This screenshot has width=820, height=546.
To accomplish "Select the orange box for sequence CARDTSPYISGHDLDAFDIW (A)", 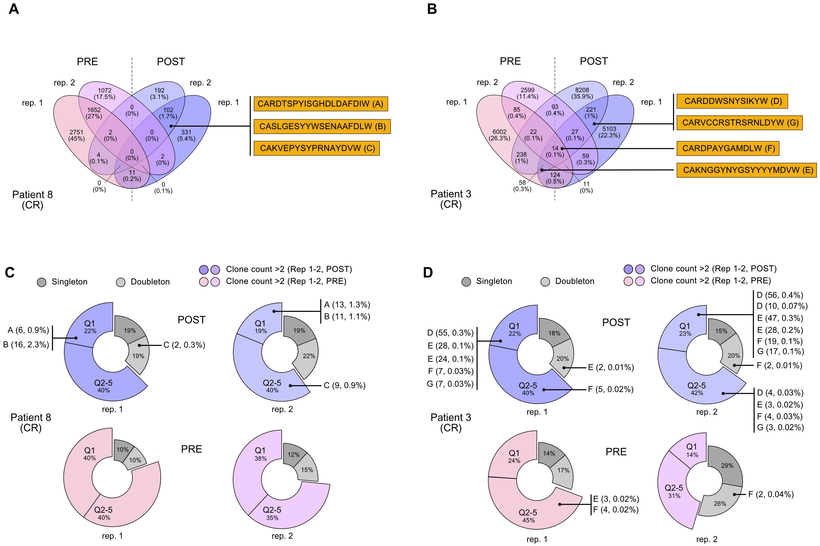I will tap(321, 104).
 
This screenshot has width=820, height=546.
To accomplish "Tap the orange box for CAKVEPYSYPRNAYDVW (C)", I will tap(317, 148).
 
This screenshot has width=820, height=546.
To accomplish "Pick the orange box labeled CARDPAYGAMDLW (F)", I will tap(728, 148).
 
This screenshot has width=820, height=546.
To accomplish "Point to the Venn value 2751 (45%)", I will tap(76, 135).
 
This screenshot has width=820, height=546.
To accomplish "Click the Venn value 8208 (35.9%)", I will tap(582, 93).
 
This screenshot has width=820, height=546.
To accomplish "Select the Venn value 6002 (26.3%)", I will tap(499, 135).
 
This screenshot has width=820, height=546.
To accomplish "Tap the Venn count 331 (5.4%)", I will tap(186, 135).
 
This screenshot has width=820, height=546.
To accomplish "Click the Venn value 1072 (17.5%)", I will tap(104, 93).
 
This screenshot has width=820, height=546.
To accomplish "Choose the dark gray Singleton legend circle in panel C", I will tap(42, 282).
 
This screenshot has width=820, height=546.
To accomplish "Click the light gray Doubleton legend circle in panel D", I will tap(545, 281).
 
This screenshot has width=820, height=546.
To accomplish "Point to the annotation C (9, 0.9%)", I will tap(345, 385).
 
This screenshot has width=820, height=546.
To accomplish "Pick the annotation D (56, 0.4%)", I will tap(780, 295).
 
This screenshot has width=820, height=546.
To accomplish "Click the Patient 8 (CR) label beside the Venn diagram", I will tap(32, 200).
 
